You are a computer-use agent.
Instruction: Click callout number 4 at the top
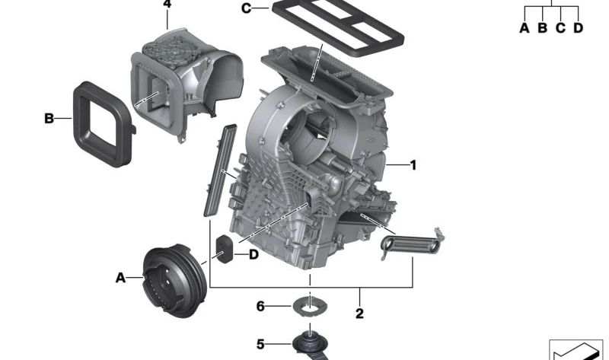point(167,5)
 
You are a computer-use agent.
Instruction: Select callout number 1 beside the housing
point(413,164)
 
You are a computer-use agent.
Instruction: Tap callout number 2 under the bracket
point(359,313)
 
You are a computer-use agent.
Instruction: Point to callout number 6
point(260,306)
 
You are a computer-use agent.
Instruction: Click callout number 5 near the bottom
point(260,345)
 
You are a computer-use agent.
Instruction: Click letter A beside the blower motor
point(120,279)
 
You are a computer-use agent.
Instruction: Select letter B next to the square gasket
point(49,119)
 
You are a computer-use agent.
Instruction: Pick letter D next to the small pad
point(253,254)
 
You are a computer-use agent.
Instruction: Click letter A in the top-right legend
point(524,28)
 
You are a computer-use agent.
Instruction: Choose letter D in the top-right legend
point(578,28)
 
